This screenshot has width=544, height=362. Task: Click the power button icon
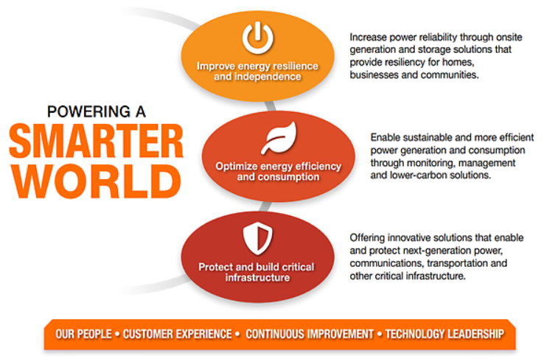click(257, 38)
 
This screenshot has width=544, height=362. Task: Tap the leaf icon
click(279, 138)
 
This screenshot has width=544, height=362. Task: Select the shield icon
click(257, 238)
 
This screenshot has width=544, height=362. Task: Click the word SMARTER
click(96, 141)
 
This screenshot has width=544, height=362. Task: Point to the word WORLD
click(96, 181)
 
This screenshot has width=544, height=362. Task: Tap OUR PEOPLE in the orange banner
click(83, 334)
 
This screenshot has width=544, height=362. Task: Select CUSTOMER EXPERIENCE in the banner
click(178, 334)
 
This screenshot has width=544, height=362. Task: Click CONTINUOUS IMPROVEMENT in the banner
click(310, 334)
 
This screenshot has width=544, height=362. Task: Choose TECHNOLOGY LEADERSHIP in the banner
click(444, 334)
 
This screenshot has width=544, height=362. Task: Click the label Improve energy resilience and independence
click(257, 72)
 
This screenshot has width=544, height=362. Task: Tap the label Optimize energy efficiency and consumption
click(278, 172)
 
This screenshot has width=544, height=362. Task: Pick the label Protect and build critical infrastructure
click(257, 272)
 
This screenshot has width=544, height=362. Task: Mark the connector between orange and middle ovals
click(271, 106)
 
